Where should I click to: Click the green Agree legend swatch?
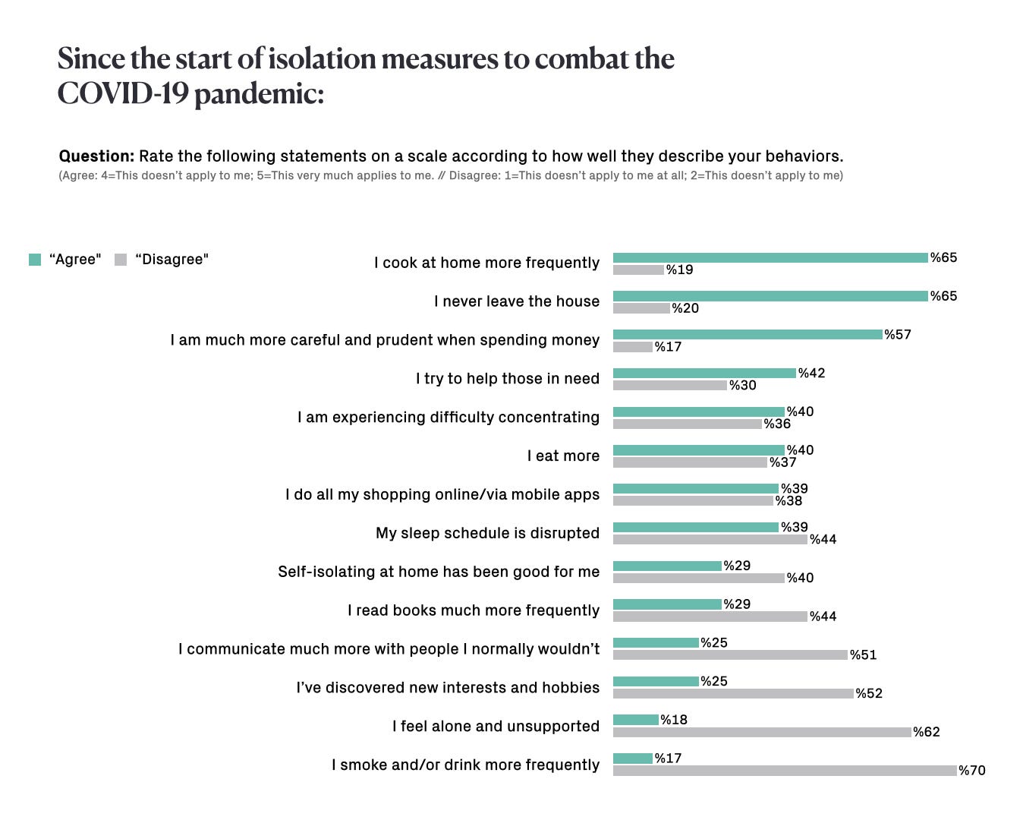(x=35, y=260)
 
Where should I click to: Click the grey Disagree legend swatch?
(x=121, y=260)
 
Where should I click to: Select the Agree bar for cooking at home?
(x=770, y=258)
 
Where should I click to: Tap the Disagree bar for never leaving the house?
(x=641, y=308)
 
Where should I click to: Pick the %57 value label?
(x=898, y=335)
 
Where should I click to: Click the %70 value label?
(x=972, y=771)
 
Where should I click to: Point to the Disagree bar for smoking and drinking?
(x=785, y=771)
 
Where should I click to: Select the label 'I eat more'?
(x=563, y=456)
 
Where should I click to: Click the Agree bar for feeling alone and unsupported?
(x=636, y=720)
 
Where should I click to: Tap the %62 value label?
(x=927, y=732)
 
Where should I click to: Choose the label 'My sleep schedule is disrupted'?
(x=487, y=533)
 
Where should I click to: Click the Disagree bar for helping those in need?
(x=670, y=386)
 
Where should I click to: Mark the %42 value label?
(x=811, y=373)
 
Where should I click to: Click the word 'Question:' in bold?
(x=96, y=156)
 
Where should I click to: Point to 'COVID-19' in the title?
(x=121, y=94)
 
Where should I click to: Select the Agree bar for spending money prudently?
(x=748, y=335)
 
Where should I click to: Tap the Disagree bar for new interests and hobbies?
(x=733, y=693)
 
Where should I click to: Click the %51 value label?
(x=864, y=654)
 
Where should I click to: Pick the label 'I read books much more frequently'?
(x=473, y=610)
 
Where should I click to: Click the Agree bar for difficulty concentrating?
(x=698, y=412)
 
